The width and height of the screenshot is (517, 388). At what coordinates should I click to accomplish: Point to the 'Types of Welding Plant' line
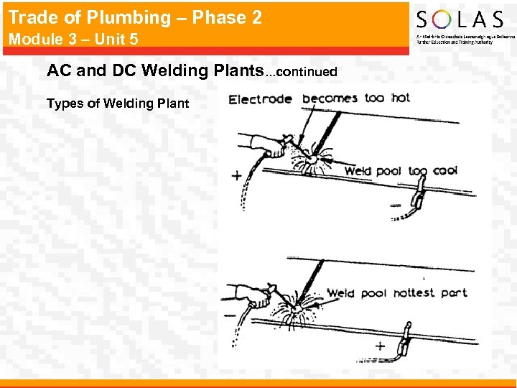coord(117,103)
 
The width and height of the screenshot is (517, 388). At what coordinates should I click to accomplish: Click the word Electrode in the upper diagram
coord(259,100)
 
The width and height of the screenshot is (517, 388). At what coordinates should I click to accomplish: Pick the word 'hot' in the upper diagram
coord(400,97)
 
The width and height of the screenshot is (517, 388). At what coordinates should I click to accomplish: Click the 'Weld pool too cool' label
coord(401,171)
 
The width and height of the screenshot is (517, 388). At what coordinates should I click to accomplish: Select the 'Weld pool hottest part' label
coord(396,293)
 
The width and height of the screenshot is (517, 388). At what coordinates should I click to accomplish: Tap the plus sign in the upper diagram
coord(236,176)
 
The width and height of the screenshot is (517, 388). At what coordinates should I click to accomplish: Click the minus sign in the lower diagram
coord(230,315)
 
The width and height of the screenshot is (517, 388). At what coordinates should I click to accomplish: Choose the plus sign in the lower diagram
coord(380,346)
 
